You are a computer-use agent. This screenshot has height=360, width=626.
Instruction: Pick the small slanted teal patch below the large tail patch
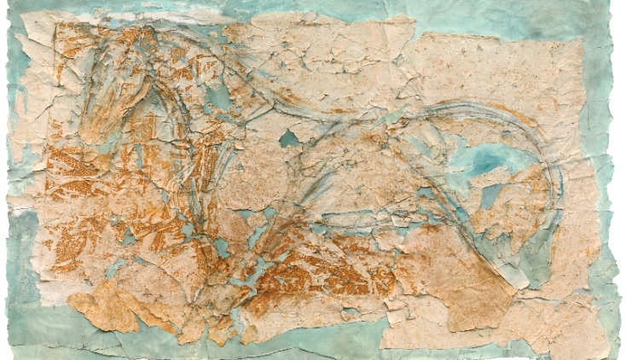(x=490, y=197)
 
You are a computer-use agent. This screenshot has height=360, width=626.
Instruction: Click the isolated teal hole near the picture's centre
(x=290, y=137)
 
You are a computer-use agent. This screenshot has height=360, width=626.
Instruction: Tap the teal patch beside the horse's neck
(x=218, y=97)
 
